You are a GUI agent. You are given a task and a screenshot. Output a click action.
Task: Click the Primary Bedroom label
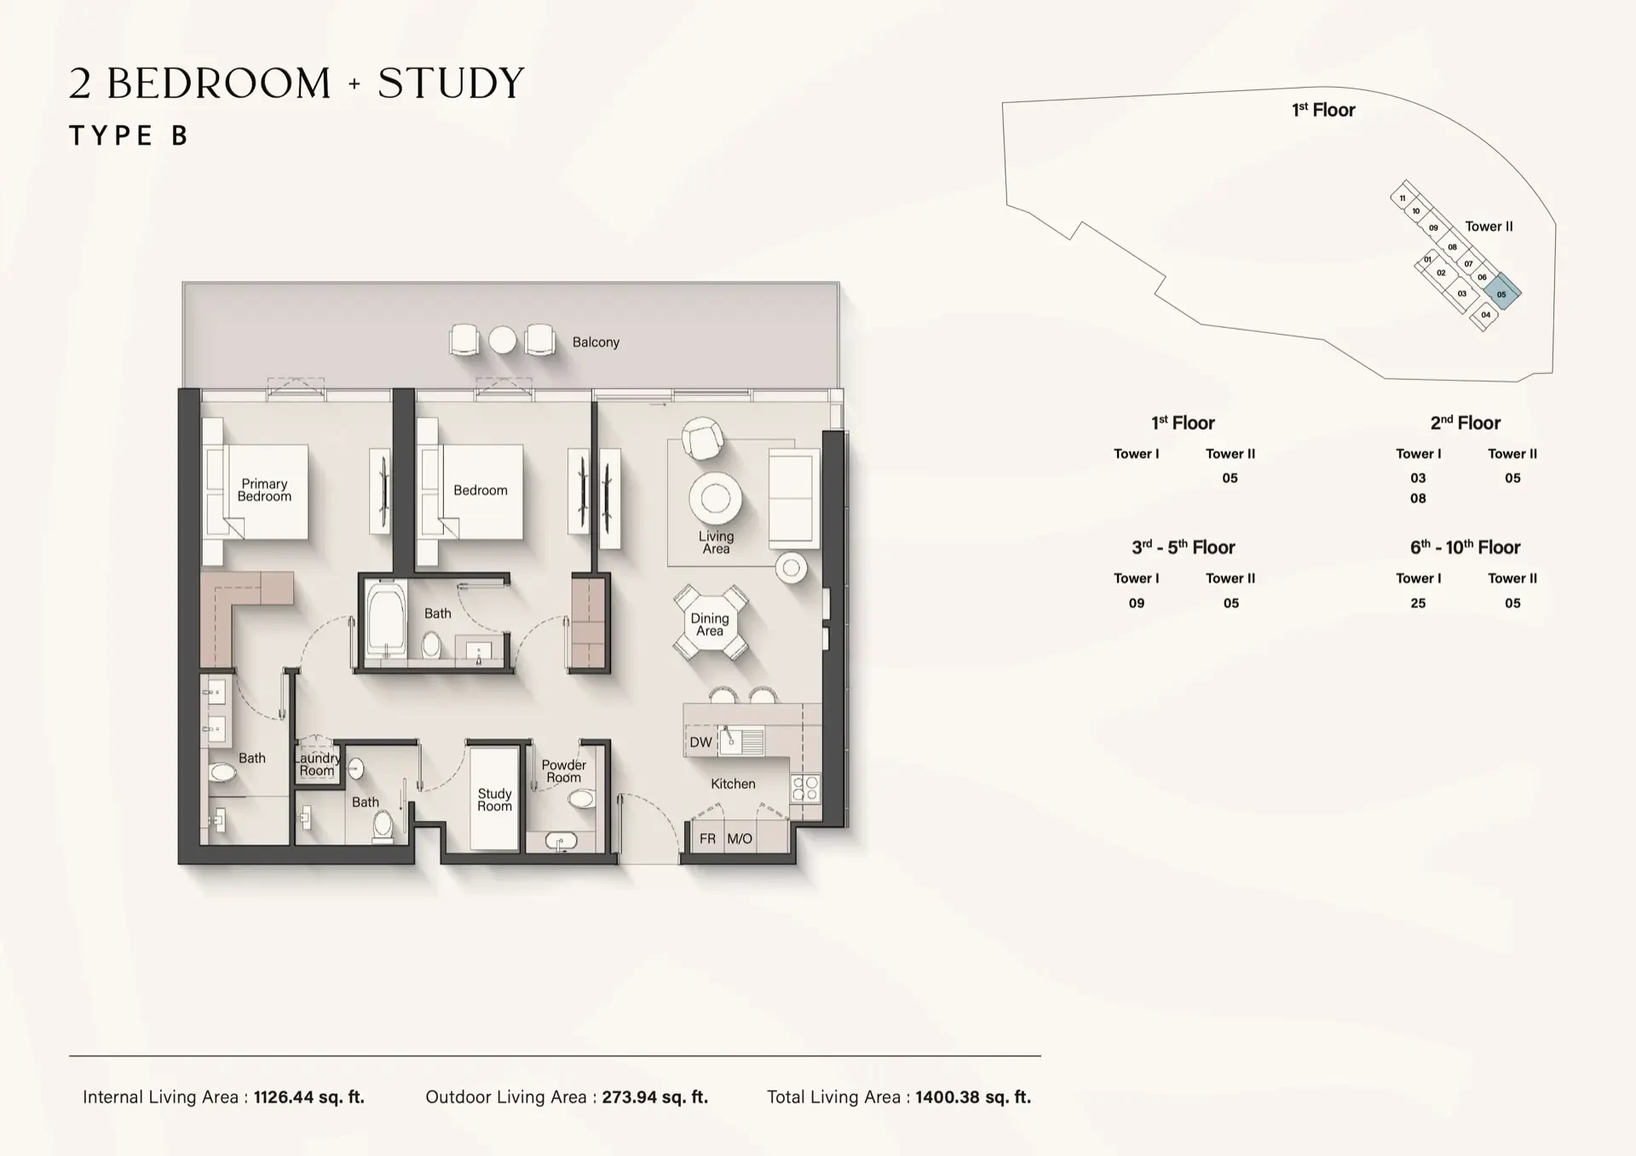point(264,490)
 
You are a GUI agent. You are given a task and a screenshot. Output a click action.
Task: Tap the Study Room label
point(494,800)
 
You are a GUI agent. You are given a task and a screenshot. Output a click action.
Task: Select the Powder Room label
point(564,771)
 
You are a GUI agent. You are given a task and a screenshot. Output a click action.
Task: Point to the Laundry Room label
point(317,764)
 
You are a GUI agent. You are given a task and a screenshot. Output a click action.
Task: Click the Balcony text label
point(596,342)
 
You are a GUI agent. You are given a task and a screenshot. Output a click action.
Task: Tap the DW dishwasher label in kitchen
point(700,742)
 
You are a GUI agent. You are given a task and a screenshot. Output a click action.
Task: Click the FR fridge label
point(707,839)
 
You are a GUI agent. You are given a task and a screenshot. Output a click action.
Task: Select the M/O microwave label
point(740,839)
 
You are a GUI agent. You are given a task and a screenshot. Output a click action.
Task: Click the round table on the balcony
point(503,340)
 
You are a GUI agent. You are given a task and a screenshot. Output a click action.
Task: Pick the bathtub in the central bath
point(387,619)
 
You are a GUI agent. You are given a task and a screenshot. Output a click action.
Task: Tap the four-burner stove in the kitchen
point(804,788)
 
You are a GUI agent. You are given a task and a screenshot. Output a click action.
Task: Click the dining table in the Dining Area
point(711,623)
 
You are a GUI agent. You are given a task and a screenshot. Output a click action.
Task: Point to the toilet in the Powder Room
point(582,798)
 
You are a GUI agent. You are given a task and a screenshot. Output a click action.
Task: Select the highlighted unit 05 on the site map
point(1501,292)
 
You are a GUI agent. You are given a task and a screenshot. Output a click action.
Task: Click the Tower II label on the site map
point(1489,227)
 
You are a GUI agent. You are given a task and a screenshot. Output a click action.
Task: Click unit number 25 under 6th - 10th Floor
point(1418,603)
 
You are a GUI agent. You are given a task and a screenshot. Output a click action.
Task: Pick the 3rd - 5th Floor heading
point(1183,547)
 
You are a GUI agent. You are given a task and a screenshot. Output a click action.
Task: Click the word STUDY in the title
point(451,83)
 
